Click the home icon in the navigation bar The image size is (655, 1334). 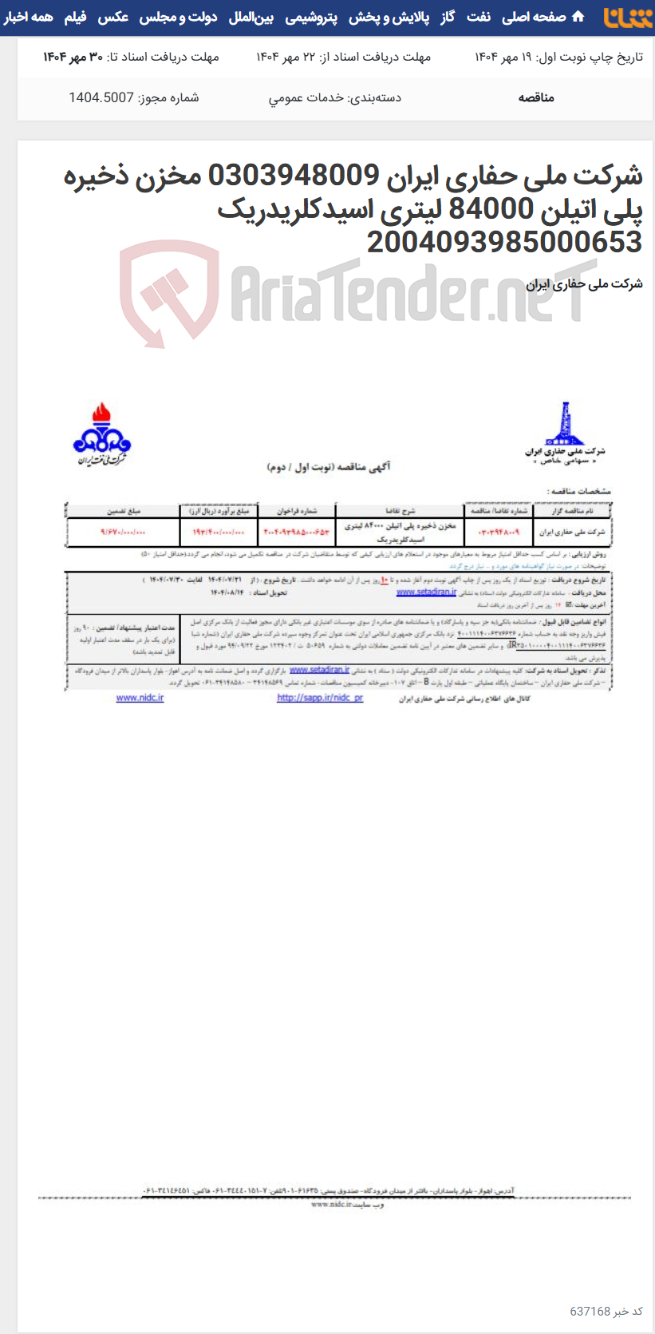click(578, 17)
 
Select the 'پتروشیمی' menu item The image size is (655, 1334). click(311, 17)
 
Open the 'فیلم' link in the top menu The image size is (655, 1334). click(75, 17)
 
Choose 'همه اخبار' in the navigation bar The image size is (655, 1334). click(29, 17)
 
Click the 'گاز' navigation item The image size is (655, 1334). click(448, 17)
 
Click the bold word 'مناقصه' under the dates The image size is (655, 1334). click(536, 97)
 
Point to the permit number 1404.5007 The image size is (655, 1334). click(101, 97)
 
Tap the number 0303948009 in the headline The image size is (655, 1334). click(294, 175)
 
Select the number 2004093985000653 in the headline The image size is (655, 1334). click(504, 242)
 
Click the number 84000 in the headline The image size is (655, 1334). click(491, 208)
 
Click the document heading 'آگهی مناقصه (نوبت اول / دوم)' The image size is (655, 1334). click(329, 466)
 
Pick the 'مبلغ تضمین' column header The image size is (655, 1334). click(124, 511)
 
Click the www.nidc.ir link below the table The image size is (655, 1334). click(140, 698)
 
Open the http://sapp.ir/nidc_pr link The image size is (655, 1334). click(320, 698)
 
